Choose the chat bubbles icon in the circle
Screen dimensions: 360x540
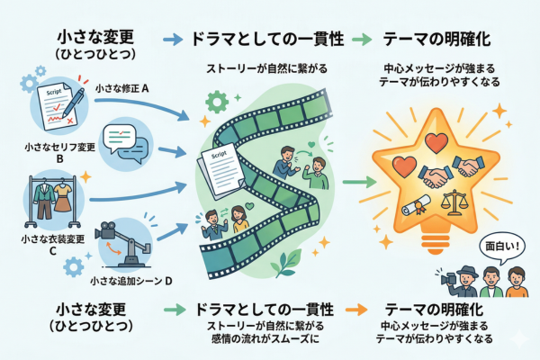(122, 139)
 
